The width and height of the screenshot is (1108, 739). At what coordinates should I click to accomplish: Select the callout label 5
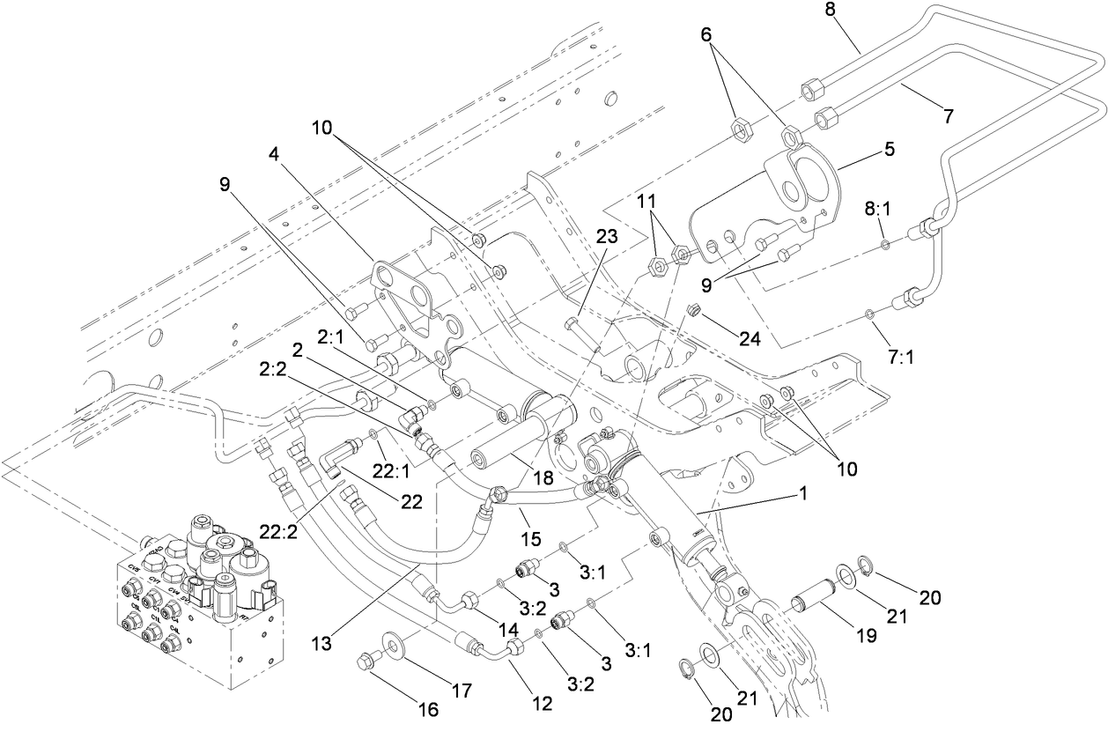coord(890,149)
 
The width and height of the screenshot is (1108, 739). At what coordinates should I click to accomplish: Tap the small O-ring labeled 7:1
coord(868,312)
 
